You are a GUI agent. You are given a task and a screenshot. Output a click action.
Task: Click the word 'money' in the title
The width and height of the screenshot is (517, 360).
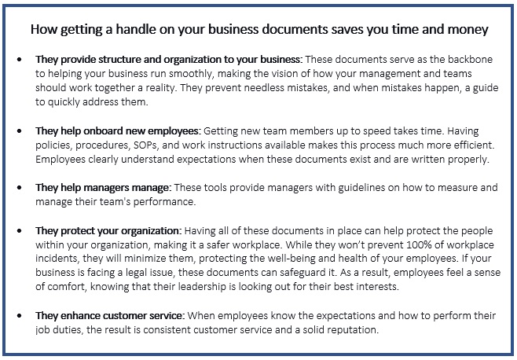[467, 30]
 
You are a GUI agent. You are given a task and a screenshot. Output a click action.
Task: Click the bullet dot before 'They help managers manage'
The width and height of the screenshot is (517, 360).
[21, 188]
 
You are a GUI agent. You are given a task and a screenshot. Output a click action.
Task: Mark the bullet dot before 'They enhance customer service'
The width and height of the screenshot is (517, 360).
[21, 315]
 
